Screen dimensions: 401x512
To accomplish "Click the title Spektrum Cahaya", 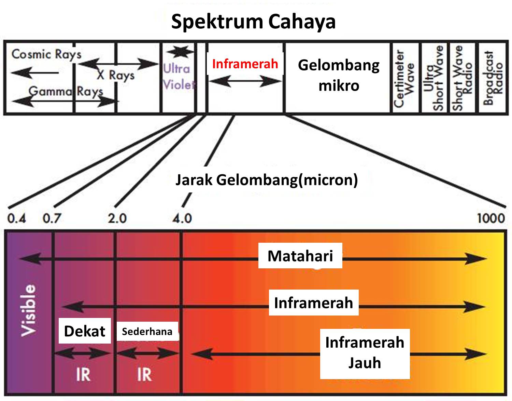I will (253, 22).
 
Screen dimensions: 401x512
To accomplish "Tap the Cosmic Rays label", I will (46, 54).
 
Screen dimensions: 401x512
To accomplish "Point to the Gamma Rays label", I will (66, 91).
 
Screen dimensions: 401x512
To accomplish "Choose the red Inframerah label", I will (245, 64).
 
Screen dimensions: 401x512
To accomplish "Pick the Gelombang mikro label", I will (339, 75).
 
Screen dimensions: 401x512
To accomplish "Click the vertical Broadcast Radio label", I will (493, 78).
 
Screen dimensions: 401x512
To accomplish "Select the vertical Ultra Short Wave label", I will (434, 78).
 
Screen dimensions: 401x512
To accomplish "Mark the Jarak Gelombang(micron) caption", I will (267, 179).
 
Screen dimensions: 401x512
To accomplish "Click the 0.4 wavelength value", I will (16, 218).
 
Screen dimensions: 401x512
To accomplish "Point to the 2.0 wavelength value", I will (117, 218).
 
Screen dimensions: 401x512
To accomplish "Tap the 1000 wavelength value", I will (490, 218).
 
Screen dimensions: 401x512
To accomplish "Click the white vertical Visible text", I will (28, 310).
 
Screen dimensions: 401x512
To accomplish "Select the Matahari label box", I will (300, 256).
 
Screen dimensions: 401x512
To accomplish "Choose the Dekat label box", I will (85, 331).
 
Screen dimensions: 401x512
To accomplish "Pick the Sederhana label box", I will (147, 331).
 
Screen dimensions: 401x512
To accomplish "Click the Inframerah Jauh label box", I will (365, 353).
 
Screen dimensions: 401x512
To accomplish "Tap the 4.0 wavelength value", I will (182, 218).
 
